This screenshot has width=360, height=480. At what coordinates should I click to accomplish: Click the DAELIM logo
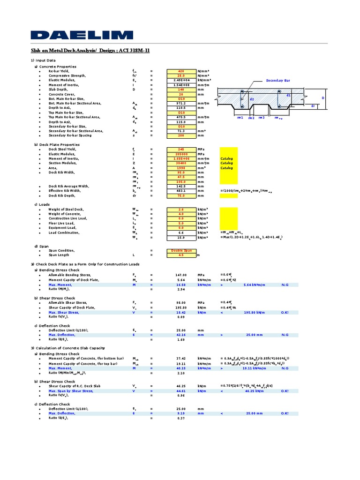(82, 35)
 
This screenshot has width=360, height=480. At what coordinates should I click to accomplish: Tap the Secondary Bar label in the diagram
(278, 81)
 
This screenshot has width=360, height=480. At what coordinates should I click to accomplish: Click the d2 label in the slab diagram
(251, 100)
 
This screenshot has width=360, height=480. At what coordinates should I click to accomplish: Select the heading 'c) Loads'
(42, 204)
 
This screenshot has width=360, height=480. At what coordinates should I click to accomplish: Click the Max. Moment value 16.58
(180, 285)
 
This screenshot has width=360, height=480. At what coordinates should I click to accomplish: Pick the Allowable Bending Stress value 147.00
(180, 275)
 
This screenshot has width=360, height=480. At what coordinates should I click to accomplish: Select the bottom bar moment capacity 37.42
(180, 358)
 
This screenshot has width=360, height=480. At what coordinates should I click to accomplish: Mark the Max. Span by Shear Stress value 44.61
(180, 390)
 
